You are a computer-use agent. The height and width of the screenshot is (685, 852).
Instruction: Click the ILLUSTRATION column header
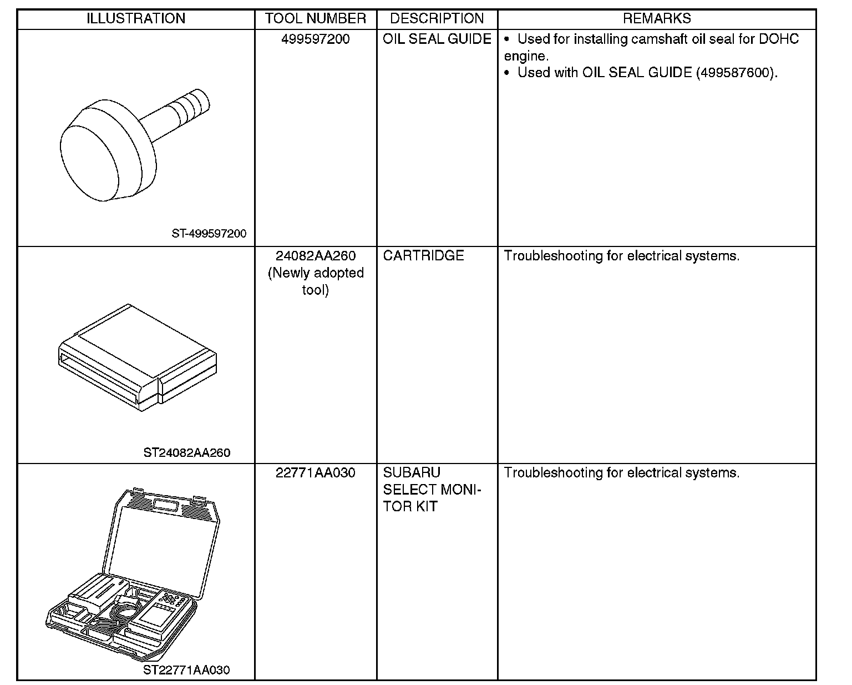[x=136, y=18]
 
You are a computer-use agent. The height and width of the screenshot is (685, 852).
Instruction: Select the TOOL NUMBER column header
[x=315, y=18]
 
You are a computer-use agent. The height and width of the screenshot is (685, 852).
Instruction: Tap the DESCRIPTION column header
[x=437, y=18]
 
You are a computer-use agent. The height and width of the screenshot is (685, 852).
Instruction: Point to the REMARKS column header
[x=657, y=18]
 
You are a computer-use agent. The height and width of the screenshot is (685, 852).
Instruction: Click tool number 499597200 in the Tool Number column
[x=315, y=39]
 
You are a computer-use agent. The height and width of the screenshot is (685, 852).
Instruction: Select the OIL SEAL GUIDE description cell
[x=437, y=39]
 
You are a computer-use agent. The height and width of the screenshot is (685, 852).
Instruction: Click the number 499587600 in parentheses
[x=734, y=73]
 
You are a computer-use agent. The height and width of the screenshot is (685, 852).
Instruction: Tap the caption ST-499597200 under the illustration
[x=209, y=234]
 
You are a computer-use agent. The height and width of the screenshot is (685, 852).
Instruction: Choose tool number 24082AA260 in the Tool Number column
[x=315, y=256]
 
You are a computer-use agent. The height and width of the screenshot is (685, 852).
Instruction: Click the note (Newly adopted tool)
[x=315, y=281]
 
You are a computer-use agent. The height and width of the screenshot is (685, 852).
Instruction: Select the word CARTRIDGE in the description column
[x=423, y=256]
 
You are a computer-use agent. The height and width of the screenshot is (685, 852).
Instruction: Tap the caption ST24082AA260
[x=186, y=452]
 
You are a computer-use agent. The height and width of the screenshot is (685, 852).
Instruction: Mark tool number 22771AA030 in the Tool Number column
[x=315, y=473]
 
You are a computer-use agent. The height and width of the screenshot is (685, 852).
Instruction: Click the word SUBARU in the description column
[x=411, y=473]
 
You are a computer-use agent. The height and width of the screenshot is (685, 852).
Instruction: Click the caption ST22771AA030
[x=186, y=670]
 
